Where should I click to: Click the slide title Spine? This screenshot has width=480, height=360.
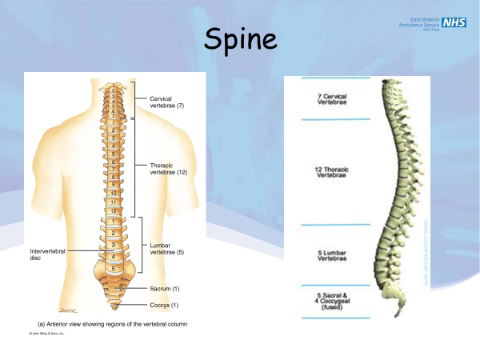240,39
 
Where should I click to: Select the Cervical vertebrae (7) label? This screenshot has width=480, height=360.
167,102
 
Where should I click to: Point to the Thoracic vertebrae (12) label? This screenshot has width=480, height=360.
168,170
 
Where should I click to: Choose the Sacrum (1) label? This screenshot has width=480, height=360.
165,288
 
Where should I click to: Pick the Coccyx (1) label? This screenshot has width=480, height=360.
165,304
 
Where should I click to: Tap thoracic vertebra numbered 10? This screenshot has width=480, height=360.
114,193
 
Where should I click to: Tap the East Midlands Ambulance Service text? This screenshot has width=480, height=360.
419,22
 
